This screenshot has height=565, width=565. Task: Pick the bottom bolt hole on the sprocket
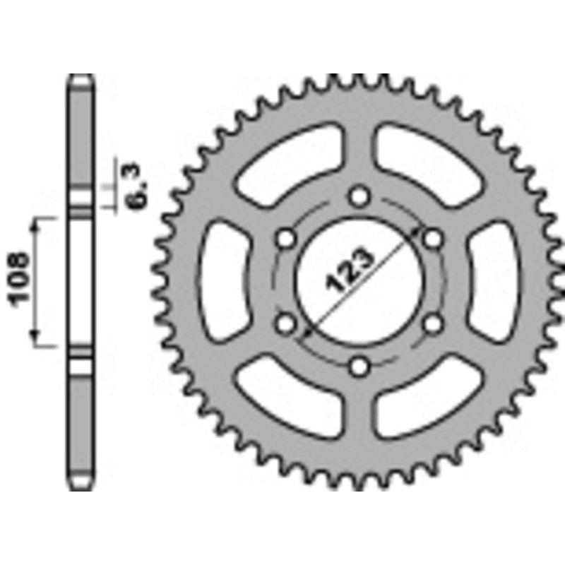tap(360, 366)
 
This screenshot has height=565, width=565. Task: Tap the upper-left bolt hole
tap(286, 239)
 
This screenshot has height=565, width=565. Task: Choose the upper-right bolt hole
tap(434, 239)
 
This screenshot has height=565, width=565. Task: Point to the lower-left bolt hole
tap(286, 323)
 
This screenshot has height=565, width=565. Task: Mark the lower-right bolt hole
tap(434, 323)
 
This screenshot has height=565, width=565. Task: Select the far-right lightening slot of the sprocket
tap(496, 281)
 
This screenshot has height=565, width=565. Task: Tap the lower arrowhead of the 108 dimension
tap(36, 340)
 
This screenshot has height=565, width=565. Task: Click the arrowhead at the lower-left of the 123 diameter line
tap(306, 330)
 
